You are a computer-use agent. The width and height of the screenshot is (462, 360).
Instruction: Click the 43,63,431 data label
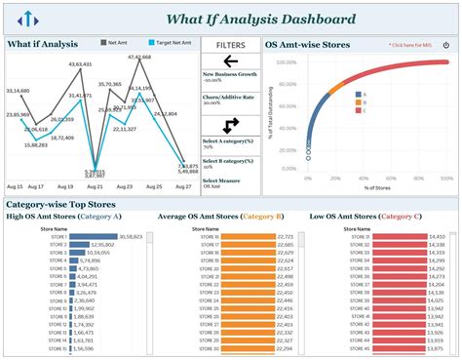(80, 64)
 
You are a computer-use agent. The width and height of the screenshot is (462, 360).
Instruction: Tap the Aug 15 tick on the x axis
(15, 185)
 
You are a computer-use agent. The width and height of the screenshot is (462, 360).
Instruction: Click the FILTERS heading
(230, 44)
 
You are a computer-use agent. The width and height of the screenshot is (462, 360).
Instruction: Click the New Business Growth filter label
(230, 74)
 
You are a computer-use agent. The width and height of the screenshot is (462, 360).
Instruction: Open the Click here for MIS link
(410, 45)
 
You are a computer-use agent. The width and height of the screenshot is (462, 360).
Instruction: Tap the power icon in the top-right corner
(446, 44)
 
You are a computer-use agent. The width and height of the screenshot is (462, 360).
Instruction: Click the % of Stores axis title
(374, 186)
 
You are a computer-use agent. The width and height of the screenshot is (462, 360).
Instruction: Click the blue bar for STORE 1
(94, 237)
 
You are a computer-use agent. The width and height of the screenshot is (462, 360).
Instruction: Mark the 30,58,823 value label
(131, 237)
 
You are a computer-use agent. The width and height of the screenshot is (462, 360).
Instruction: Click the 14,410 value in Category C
(437, 237)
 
